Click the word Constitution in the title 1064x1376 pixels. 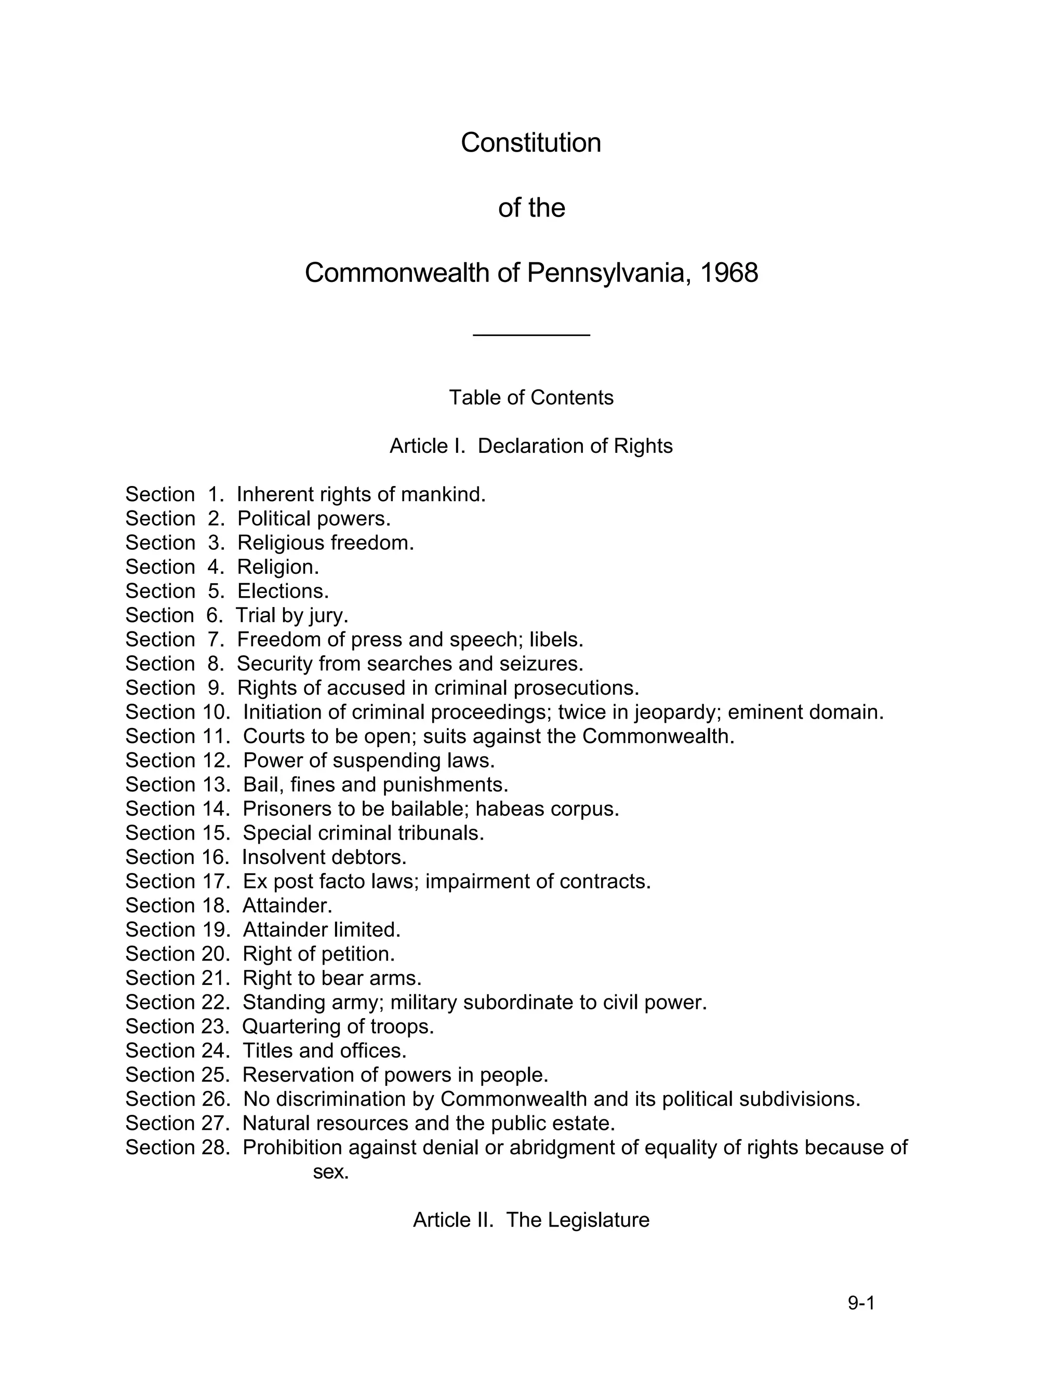coord(531,142)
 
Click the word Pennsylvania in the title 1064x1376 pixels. coord(605,273)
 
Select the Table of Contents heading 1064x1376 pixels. coord(531,398)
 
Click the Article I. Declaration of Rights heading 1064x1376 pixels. coord(531,446)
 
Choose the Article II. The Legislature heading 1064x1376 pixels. coord(531,1220)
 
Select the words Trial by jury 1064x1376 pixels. coord(292,615)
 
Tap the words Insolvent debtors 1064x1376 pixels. coord(324,857)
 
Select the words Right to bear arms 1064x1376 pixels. coord(331,978)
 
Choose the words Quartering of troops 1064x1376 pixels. coord(338,1027)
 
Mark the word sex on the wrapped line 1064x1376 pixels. coord(330,1172)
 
